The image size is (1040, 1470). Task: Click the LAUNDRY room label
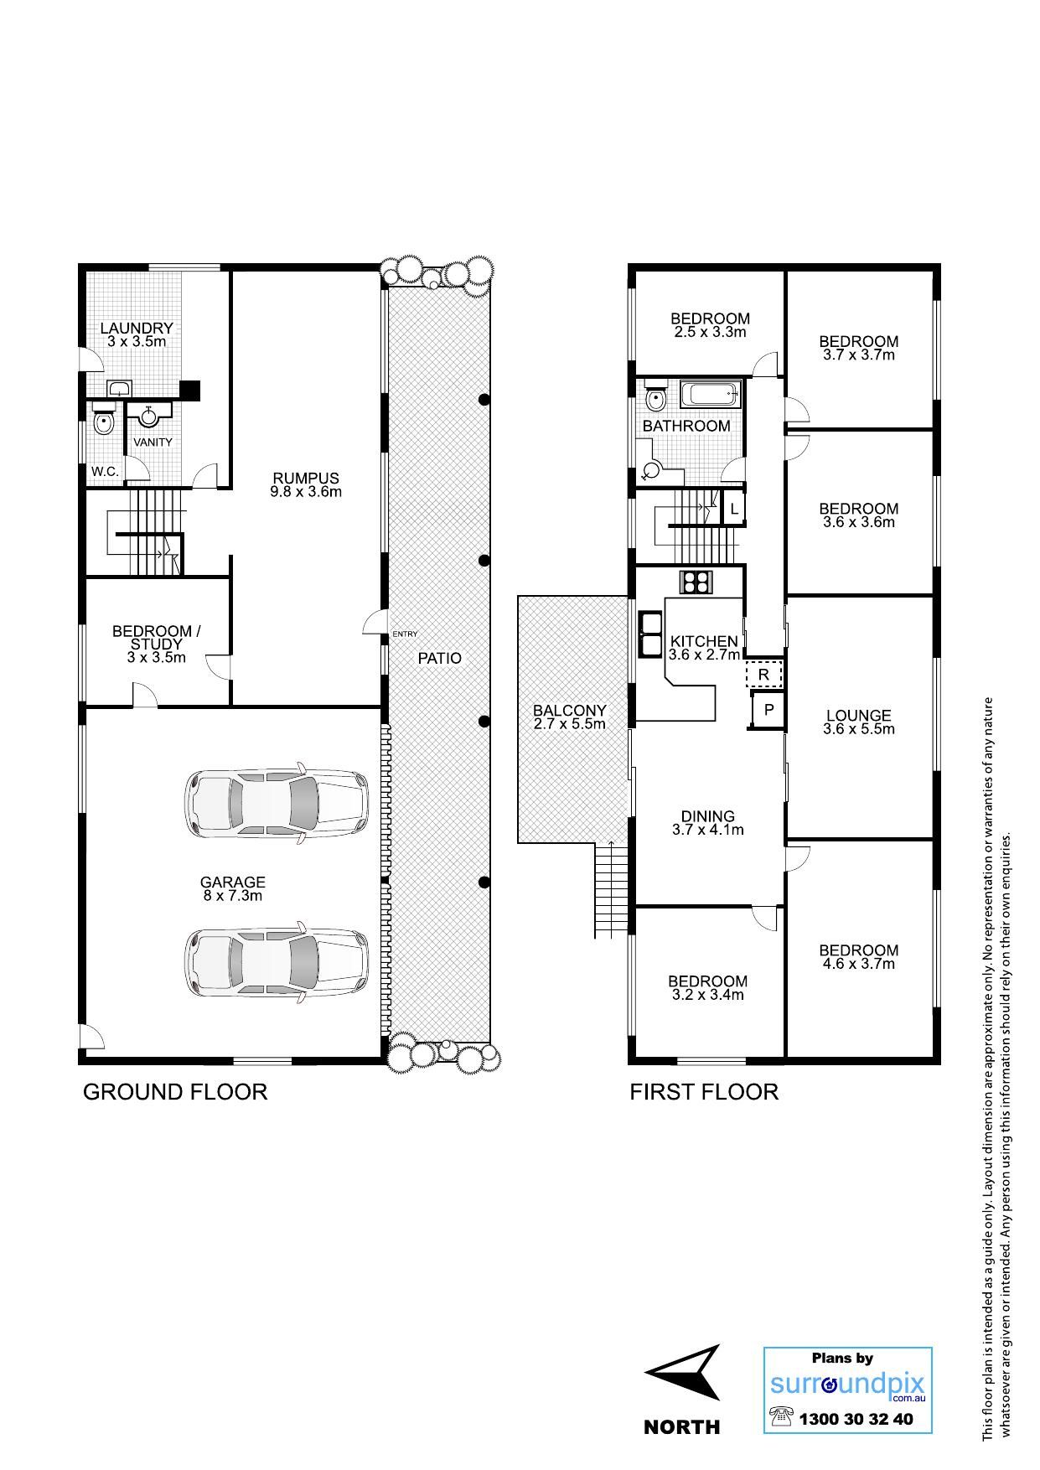click(x=137, y=334)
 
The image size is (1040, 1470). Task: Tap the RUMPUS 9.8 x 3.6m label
click(x=306, y=485)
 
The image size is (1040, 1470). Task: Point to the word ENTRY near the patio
click(x=405, y=634)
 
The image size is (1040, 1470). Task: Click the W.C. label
click(x=106, y=472)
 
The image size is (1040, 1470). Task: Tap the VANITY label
click(x=153, y=442)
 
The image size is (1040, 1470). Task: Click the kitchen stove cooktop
click(x=695, y=581)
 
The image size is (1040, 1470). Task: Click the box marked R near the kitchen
click(x=763, y=674)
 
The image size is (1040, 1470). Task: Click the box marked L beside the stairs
click(x=734, y=509)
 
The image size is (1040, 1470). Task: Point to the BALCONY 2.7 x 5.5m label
click(x=570, y=717)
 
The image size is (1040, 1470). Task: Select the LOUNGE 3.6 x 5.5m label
click(x=859, y=722)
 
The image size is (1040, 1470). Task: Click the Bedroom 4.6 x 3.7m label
click(x=859, y=956)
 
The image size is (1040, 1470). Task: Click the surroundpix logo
click(x=848, y=1390)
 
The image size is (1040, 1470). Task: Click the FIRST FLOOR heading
click(x=704, y=1092)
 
